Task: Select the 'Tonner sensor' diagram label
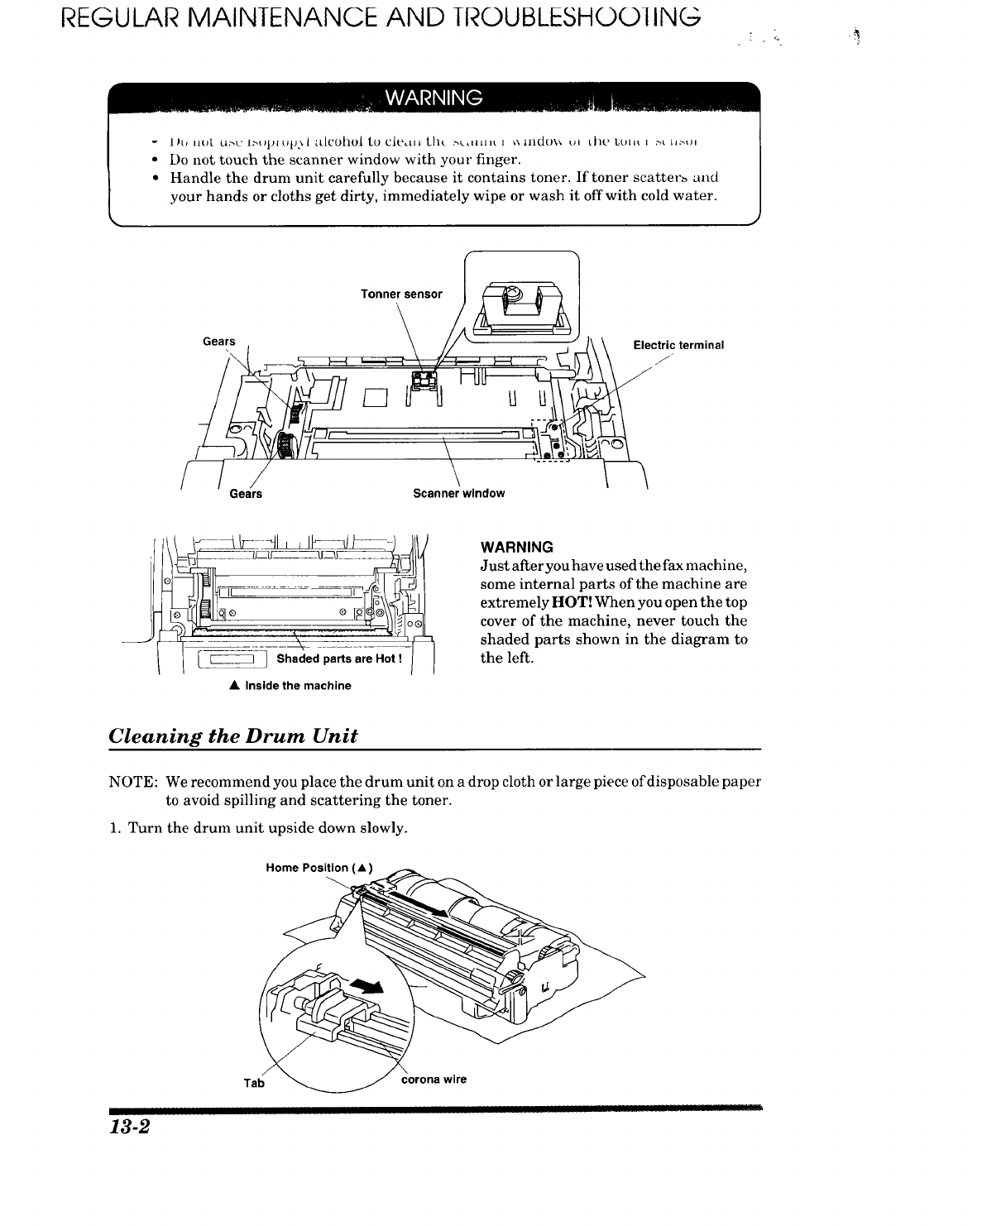coord(401,295)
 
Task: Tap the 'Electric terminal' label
coord(678,345)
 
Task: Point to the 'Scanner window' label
coord(458,494)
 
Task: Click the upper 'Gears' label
coord(219,342)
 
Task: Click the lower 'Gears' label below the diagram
coord(246,494)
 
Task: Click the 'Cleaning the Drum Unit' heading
coord(233,736)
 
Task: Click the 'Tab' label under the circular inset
coord(254,1082)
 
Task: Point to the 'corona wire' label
coord(434,1080)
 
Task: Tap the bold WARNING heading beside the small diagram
coord(516,548)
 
